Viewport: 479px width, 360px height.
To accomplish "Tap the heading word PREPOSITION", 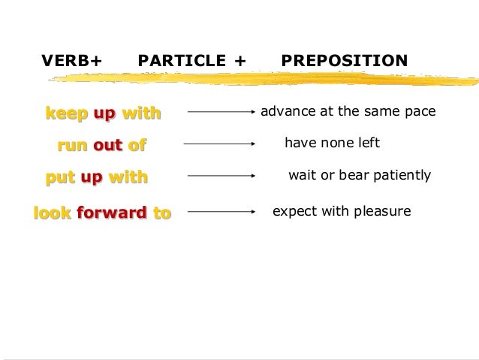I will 345,60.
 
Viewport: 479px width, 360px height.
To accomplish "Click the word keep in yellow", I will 65,113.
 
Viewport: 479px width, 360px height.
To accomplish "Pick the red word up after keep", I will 104,114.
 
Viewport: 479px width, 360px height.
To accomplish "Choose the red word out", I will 107,145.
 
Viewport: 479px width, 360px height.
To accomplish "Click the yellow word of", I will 135,145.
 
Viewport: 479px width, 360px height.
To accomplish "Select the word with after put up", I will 128,177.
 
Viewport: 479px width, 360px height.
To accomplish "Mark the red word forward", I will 111,213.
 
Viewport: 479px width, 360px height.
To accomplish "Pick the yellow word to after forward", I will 161,213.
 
